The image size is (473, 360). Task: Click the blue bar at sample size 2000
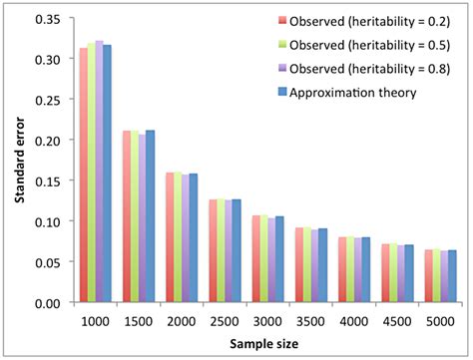[194, 238]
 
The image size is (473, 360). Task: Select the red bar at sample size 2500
[214, 251]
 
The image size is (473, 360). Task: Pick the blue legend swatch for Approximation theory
[282, 94]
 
